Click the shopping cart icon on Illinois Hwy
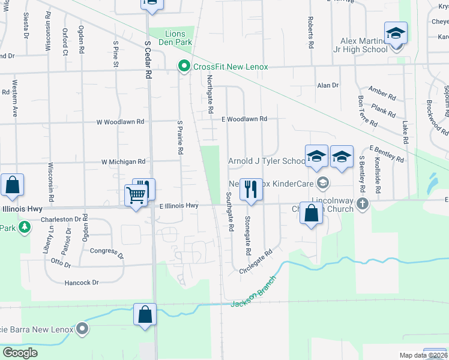click(x=136, y=194)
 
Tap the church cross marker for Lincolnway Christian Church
click(x=362, y=204)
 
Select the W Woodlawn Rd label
click(x=121, y=121)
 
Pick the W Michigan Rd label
click(x=123, y=161)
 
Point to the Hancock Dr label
click(x=79, y=282)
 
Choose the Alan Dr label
click(x=328, y=86)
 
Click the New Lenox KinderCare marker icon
click(x=323, y=182)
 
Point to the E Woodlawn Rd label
click(x=243, y=119)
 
